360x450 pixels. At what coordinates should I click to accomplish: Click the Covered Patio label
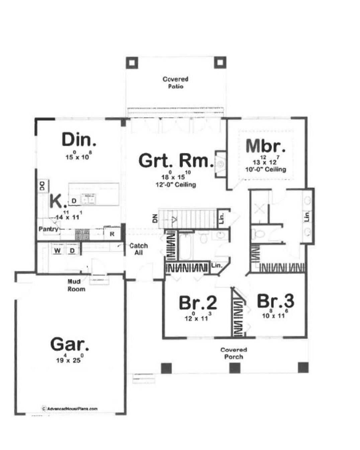pos(175,83)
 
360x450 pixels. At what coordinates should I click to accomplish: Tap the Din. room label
pos(79,140)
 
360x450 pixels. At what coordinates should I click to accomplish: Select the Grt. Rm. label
pos(176,161)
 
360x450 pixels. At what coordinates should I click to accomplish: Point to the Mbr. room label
pos(266,146)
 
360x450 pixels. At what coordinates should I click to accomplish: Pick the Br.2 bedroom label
pos(198,303)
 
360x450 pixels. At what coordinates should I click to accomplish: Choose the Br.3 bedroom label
pos(275,301)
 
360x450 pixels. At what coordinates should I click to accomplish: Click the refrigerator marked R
pos(112,234)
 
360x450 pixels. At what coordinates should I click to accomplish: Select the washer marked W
pos(58,251)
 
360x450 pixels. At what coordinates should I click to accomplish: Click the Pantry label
pos(49,229)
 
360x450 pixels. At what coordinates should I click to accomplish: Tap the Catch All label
pos(138,249)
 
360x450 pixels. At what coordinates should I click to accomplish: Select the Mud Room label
pos(76,285)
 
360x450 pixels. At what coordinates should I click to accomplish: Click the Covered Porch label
pos(234,353)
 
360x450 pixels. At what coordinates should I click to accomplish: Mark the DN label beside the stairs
pos(155,219)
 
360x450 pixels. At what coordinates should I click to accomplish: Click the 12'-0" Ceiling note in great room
pos(176,185)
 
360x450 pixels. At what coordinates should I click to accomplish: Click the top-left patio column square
pos(132,63)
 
